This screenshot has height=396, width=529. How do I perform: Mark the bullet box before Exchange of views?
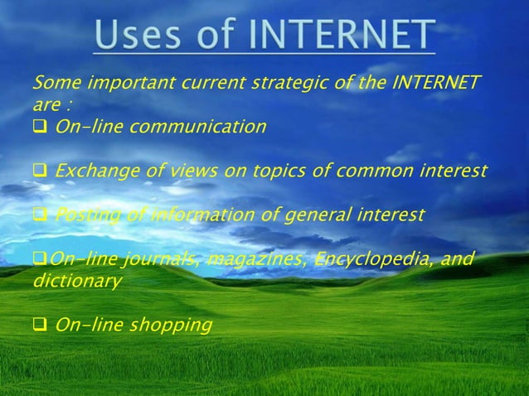point(39,172)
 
